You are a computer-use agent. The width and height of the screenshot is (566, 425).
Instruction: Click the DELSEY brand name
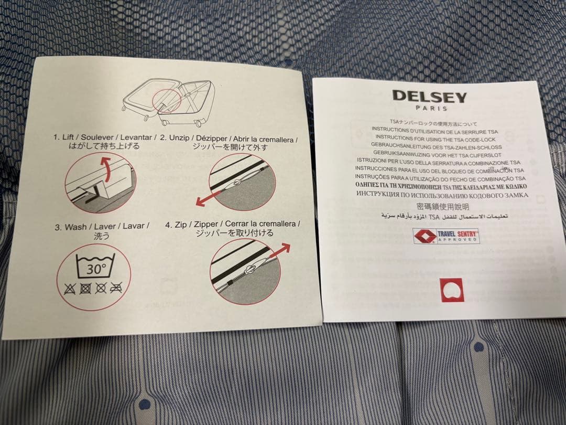(430, 97)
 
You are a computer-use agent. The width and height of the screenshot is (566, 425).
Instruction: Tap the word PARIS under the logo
(431, 108)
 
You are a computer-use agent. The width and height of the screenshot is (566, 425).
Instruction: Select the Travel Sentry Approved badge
(446, 236)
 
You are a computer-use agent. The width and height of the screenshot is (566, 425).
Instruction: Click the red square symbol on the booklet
(451, 290)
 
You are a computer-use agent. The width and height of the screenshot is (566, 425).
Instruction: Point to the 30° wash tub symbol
(96, 265)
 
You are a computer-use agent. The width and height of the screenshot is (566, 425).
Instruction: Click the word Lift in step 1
(68, 137)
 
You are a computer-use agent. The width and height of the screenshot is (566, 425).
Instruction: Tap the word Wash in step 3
(76, 227)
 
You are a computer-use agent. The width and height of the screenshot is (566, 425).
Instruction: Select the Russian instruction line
(442, 195)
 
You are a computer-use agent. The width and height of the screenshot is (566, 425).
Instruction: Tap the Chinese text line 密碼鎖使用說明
(442, 206)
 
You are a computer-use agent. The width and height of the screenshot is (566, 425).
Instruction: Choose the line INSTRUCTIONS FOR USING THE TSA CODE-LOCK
(436, 139)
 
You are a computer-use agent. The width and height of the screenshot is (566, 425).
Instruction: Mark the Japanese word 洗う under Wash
(102, 236)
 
